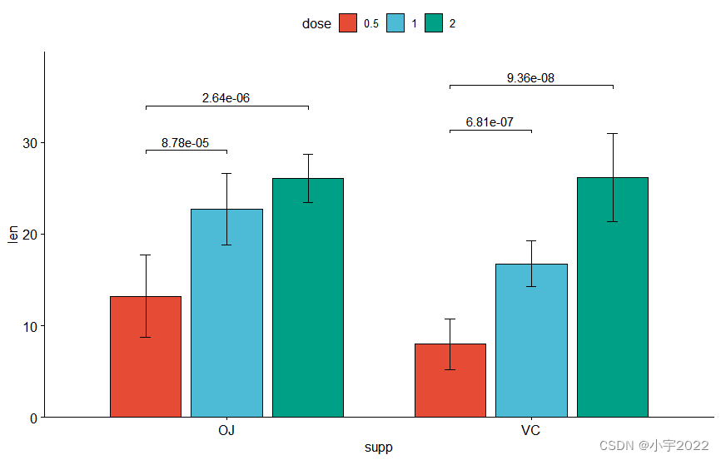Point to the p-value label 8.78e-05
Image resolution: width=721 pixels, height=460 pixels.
pyautogui.click(x=185, y=143)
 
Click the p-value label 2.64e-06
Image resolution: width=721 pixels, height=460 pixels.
pyautogui.click(x=226, y=98)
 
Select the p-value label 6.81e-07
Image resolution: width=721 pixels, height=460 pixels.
pyautogui.click(x=490, y=122)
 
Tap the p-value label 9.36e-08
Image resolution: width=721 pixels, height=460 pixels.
pyautogui.click(x=530, y=78)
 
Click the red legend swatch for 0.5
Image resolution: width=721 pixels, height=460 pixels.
pyautogui.click(x=348, y=23)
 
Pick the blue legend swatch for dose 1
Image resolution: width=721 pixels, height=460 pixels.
pyautogui.click(x=395, y=23)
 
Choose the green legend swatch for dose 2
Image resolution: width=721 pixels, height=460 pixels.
pyautogui.click(x=433, y=23)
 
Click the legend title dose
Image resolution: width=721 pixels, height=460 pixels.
pyautogui.click(x=316, y=24)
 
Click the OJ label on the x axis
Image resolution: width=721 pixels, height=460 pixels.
pyautogui.click(x=226, y=431)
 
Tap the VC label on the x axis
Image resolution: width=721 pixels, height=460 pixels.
pyautogui.click(x=530, y=431)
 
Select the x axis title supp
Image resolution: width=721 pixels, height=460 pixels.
pyautogui.click(x=378, y=448)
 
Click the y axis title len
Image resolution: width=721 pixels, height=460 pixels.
pyautogui.click(x=12, y=235)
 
